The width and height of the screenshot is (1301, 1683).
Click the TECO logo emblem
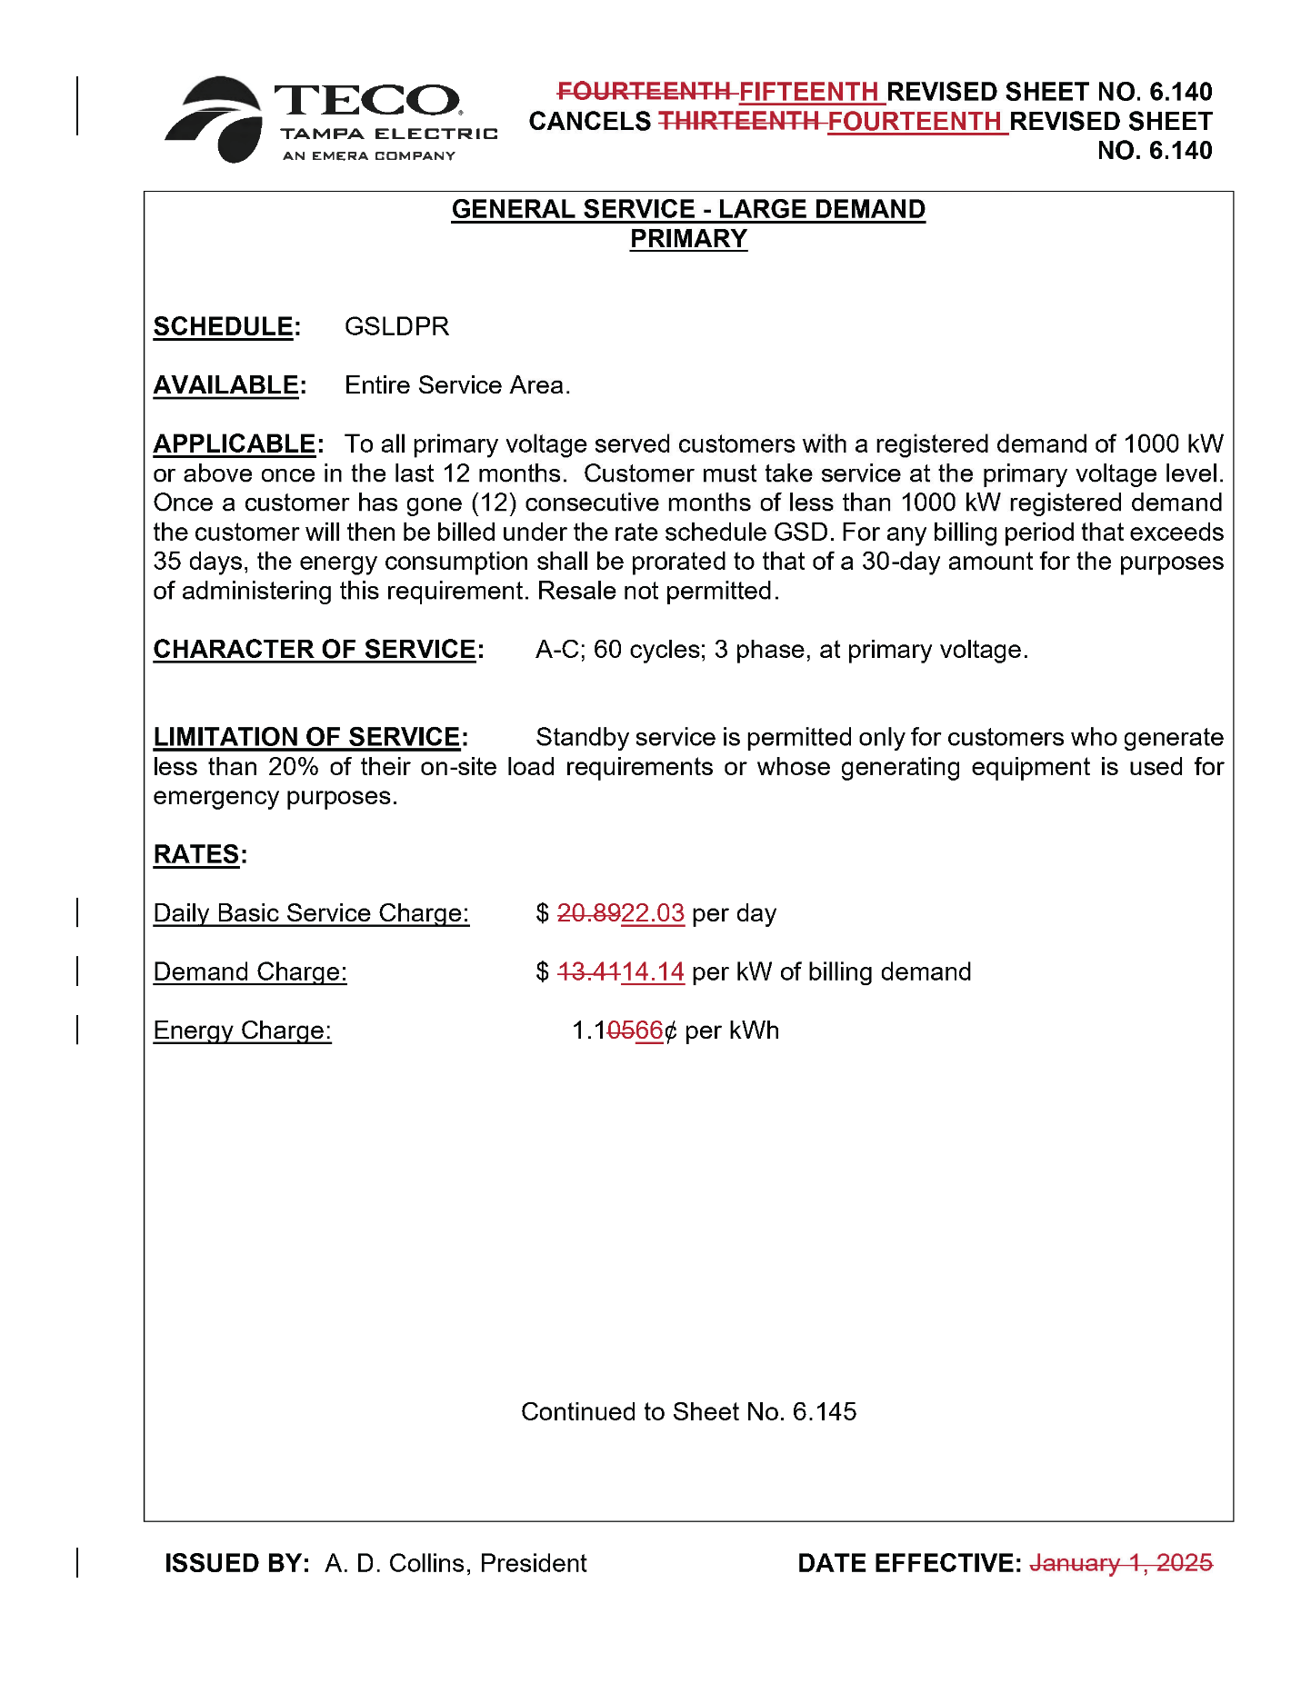215,119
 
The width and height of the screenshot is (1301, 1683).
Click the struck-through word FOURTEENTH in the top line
643,92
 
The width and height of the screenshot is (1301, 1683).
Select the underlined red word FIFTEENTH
808,92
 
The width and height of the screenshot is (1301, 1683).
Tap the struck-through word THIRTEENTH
738,121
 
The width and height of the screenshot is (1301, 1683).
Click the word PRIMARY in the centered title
688,239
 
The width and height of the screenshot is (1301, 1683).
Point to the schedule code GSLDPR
396,326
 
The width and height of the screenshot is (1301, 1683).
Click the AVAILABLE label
225,385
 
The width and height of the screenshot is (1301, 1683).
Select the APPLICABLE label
235,444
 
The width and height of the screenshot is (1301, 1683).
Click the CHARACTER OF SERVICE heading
315,650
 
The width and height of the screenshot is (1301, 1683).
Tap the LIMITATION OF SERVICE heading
306,737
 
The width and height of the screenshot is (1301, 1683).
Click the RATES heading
196,855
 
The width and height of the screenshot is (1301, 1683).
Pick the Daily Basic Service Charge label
311,913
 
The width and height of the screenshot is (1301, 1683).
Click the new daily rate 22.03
653,913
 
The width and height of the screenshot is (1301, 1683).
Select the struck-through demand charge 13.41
588,972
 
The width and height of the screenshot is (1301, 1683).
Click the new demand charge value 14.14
653,972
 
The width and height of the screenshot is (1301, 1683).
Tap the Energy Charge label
242,1031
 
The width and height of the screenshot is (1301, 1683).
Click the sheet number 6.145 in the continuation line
825,1412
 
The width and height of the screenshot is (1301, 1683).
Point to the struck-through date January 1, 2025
1121,1563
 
